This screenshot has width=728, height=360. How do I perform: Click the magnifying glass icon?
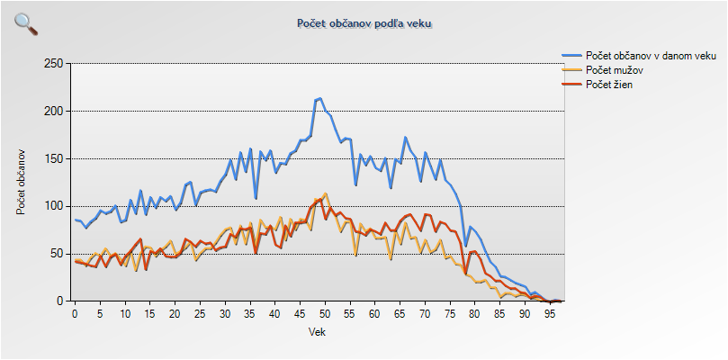tap(26, 24)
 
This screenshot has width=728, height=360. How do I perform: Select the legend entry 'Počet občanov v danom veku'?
tap(650, 56)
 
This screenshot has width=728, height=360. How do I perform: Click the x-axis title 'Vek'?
tap(317, 331)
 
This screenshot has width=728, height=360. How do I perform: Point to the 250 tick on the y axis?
tap(53, 64)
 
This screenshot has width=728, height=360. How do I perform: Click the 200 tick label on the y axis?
tap(53, 112)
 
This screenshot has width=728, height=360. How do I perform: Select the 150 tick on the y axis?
tap(53, 159)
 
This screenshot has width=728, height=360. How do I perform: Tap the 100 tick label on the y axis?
tap(53, 206)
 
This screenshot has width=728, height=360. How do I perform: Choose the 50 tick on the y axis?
tap(56, 254)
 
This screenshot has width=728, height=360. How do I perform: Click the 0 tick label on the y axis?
tap(59, 301)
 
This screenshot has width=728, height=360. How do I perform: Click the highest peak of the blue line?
tap(320, 98)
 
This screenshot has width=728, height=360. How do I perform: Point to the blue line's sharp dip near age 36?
tap(256, 198)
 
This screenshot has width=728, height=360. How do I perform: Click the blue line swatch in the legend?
tap(572, 56)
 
